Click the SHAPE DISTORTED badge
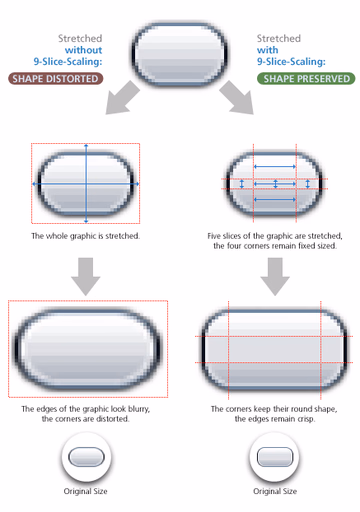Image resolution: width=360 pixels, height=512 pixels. click(56, 79)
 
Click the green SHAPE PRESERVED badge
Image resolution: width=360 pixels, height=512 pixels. click(306, 79)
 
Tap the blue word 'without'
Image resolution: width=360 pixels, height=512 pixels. click(83, 50)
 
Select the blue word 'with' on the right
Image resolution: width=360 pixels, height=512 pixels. click(267, 50)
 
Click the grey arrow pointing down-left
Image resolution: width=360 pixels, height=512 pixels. click(122, 98)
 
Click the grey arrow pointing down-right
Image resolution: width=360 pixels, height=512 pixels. click(237, 98)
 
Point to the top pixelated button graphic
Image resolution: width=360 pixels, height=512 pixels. click(180, 54)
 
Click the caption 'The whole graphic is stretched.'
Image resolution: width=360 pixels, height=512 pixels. click(86, 236)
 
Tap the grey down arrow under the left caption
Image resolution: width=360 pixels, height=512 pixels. click(86, 276)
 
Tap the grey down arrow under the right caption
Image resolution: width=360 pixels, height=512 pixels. click(275, 276)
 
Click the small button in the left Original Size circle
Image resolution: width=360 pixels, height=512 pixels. click(86, 457)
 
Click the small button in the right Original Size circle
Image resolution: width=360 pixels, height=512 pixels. click(275, 457)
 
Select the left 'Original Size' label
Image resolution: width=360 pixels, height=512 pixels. click(86, 491)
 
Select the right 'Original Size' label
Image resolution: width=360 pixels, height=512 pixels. click(275, 491)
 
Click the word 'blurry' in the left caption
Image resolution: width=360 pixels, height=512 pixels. click(138, 409)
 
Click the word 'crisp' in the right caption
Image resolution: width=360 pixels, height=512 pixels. click(305, 419)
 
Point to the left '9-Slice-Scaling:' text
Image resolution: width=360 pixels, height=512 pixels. click(68, 62)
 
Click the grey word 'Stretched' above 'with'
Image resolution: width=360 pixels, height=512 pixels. click(279, 39)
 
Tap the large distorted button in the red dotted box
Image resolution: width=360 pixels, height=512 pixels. click(87, 349)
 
